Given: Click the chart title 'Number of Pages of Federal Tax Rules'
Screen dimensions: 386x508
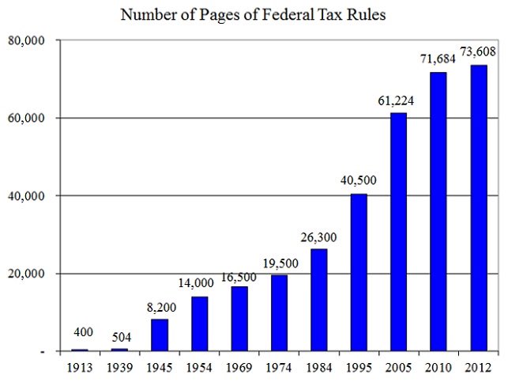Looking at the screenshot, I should coord(252,14).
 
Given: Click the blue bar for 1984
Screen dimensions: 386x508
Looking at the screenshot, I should coord(319,300).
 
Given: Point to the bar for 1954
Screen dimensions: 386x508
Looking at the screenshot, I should coord(200,324).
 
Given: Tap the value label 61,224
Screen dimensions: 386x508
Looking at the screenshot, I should coord(400,100).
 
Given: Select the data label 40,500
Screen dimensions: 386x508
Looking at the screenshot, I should coord(359,180).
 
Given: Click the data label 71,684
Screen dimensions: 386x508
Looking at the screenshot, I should coord(438,60).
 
